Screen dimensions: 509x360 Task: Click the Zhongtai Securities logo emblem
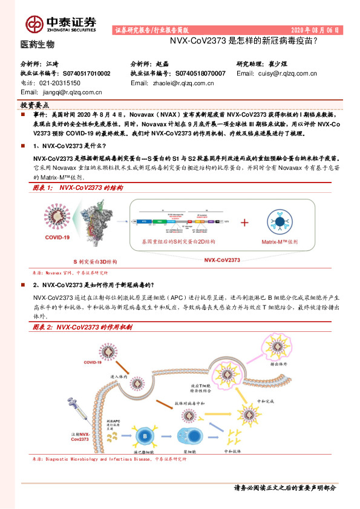[33, 23]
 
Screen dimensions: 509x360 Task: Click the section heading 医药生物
[37, 44]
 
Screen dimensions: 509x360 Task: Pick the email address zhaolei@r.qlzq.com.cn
[180, 83]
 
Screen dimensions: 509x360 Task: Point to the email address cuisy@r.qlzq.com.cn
[286, 73]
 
